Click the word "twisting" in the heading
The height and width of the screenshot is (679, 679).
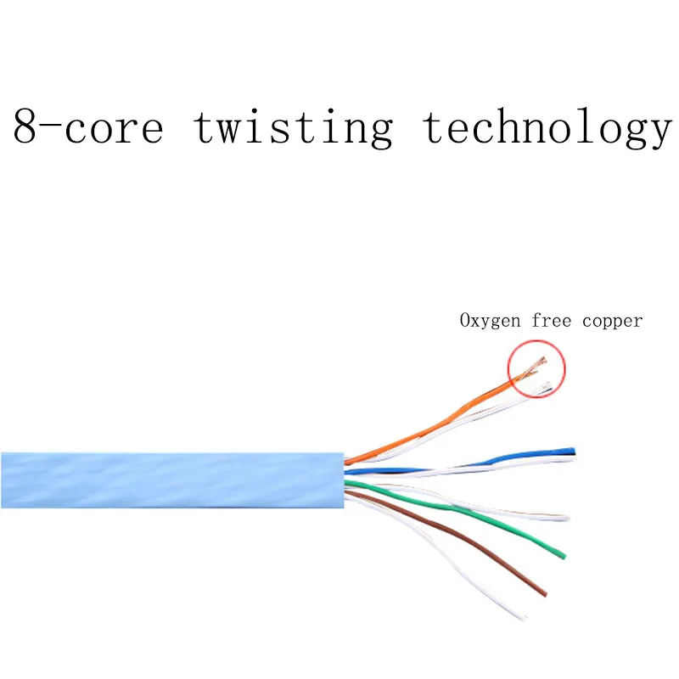tap(293, 127)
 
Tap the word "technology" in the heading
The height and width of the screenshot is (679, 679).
tap(547, 127)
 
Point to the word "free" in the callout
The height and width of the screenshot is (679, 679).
tap(553, 321)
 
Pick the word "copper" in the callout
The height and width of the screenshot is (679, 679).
tap(613, 322)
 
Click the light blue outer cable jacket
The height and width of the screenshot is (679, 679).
tap(170, 480)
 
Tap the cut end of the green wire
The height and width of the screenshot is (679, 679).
tap(563, 556)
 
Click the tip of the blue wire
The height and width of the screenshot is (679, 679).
tap(573, 450)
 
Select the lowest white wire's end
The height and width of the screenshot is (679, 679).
tap(528, 614)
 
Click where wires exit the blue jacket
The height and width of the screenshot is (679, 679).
tap(345, 480)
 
